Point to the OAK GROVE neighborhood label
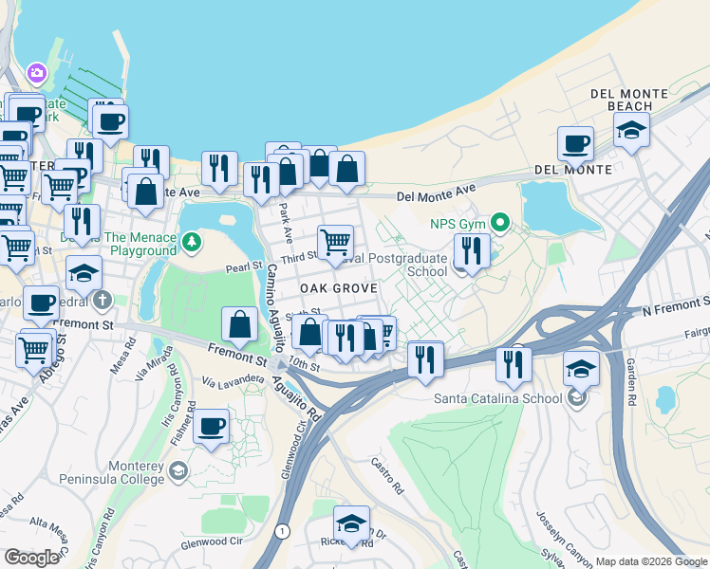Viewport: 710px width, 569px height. pos(340,287)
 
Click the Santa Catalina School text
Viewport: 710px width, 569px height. pos(498,398)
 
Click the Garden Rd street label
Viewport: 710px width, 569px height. pos(629,384)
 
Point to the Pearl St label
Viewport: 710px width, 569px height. pos(244,269)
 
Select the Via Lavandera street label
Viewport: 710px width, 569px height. pos(232,379)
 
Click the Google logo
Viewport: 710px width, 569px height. pos(31,557)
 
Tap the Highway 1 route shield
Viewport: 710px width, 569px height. pos(282,531)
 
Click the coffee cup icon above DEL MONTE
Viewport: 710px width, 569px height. pos(574,144)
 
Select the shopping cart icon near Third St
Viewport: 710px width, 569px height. pos(335,243)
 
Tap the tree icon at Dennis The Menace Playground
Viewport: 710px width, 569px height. pos(192,243)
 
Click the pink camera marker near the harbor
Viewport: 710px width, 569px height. pos(37,73)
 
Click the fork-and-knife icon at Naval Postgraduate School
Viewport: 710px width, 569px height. pos(471,251)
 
